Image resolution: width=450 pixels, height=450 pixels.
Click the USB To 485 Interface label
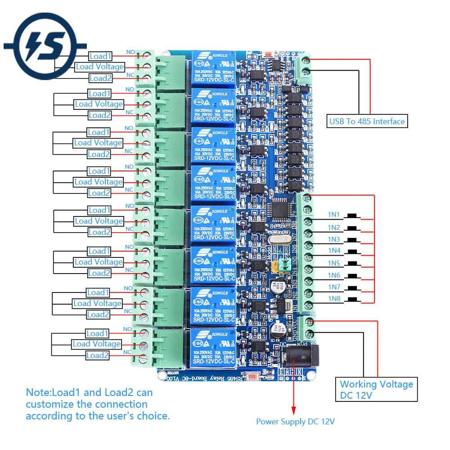point(367,121)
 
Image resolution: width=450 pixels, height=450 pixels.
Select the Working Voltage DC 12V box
point(376,390)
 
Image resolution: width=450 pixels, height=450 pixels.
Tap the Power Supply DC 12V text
point(295,422)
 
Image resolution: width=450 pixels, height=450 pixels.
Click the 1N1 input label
point(334,215)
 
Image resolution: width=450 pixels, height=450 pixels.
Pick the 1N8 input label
point(334,299)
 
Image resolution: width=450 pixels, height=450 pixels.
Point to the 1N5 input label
point(334,263)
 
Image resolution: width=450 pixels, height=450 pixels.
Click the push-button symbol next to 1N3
point(355,239)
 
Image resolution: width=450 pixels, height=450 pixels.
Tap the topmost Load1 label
point(100,56)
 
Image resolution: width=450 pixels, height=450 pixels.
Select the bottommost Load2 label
point(98,355)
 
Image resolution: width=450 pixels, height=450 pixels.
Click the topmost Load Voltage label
point(99,67)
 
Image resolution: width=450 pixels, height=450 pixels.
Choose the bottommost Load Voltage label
point(97,344)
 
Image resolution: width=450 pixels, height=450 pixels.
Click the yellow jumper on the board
point(274,268)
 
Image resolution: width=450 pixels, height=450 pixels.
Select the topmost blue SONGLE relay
point(214,69)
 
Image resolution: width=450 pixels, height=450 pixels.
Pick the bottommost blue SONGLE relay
point(214,347)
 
